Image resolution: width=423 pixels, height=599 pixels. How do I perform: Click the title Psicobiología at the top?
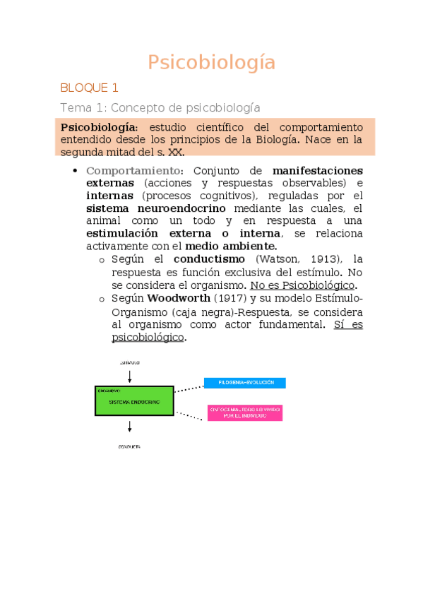tap(211, 63)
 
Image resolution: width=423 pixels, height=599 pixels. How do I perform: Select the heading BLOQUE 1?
tap(89, 88)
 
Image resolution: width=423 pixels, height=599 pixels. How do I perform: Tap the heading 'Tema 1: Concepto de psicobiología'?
tap(160, 107)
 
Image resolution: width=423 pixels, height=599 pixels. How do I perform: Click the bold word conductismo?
tap(209, 259)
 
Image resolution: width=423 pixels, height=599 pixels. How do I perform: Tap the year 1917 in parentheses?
tap(229, 298)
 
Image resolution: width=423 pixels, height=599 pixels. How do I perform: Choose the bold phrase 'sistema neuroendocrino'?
tap(155, 208)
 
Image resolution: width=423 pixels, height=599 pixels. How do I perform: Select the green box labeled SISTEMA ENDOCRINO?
tap(134, 401)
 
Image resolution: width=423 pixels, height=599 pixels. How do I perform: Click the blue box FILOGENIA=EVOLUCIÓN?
tap(244, 383)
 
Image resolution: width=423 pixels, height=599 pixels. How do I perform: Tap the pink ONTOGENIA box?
tap(244, 413)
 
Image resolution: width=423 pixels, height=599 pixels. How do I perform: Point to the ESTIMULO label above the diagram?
tap(129, 362)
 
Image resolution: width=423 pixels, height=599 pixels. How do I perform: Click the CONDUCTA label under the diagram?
tap(129, 447)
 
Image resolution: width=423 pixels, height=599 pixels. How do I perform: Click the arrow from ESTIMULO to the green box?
tap(129, 375)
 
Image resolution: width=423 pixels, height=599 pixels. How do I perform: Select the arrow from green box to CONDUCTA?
tap(129, 427)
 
